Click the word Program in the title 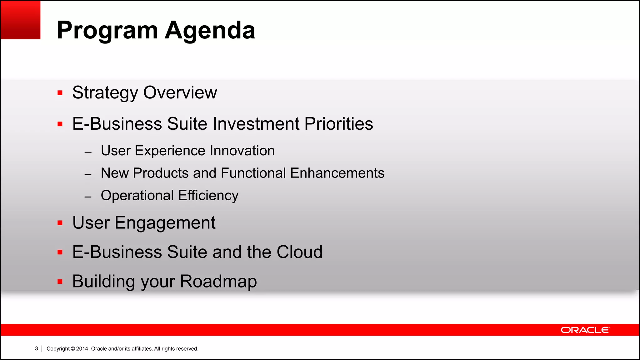(107, 31)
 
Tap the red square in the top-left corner (21, 20)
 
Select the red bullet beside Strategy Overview (60, 93)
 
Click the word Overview (180, 92)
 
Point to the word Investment (256, 124)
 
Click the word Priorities (339, 124)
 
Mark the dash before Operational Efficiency (88, 197)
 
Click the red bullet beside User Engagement (60, 223)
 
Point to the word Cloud (299, 252)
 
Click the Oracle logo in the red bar (585, 330)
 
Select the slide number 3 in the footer (37, 348)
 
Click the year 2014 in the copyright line (82, 349)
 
